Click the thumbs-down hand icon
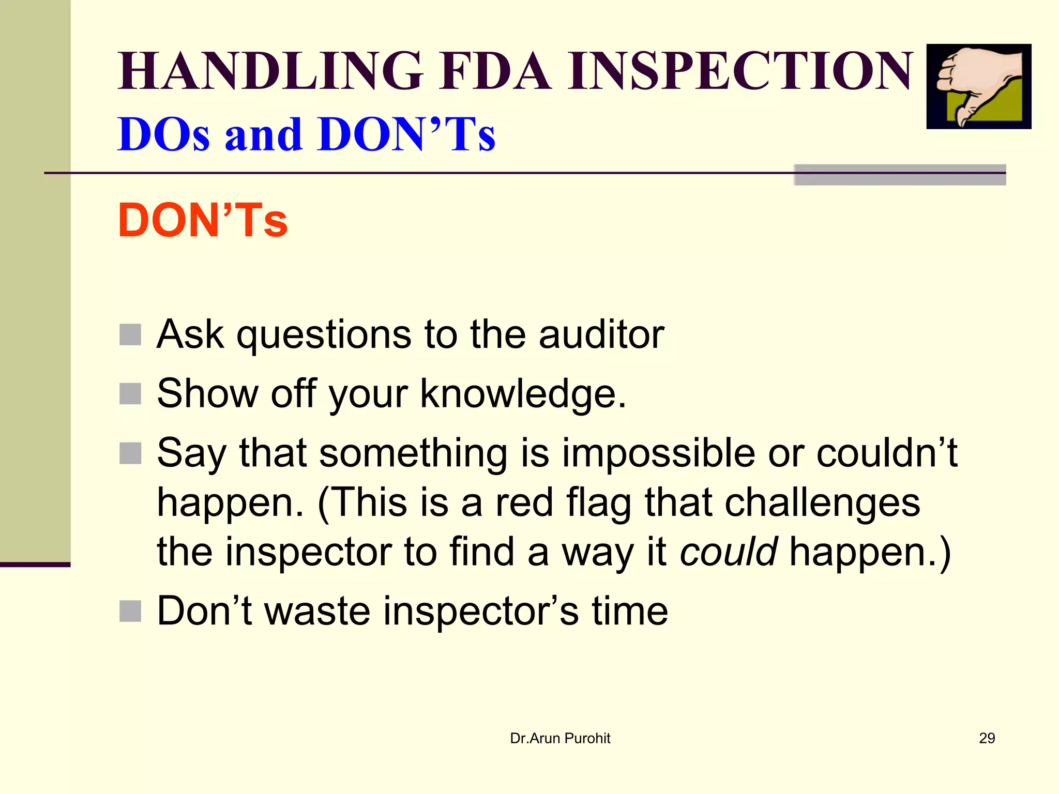978,86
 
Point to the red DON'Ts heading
203,221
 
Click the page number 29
987,738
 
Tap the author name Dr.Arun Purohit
560,738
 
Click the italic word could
728,552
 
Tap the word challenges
822,502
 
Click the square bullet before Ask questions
130,334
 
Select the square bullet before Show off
130,394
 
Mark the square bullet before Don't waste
130,611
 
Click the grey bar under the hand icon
900,175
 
